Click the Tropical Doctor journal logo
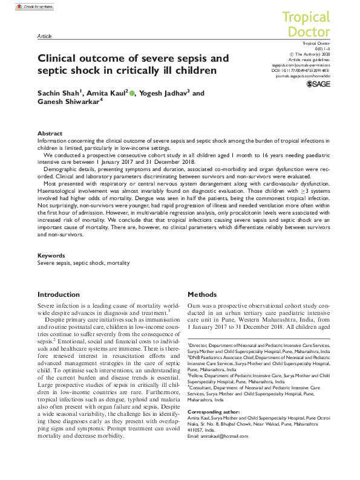click(307, 24)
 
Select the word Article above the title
click(44, 36)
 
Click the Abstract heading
click(50, 133)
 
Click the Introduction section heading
click(59, 294)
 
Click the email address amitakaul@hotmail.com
click(232, 453)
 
